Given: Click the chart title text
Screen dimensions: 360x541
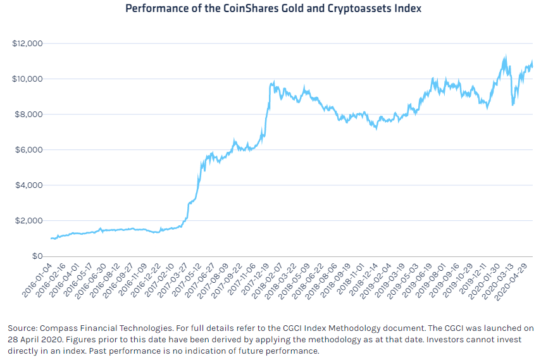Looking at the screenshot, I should click(x=273, y=9).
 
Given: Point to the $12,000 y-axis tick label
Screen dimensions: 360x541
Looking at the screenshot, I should click(x=27, y=44).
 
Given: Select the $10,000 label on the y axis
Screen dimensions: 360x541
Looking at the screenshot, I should click(x=27, y=79).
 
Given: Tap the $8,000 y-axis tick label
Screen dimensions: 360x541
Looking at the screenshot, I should click(x=28, y=115).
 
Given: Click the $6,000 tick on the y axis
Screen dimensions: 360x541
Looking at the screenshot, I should click(x=28, y=150).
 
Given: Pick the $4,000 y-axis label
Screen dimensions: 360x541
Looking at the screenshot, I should click(x=28, y=185).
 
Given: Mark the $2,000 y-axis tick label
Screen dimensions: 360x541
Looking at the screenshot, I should click(x=28, y=221).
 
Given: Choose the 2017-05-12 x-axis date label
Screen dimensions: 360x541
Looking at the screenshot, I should click(x=189, y=279).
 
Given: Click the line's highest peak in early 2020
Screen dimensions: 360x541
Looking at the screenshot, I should click(x=504, y=56).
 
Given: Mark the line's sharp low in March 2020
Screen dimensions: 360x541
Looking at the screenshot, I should click(x=513, y=104).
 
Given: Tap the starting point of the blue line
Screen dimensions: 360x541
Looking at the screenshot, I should click(x=51, y=239).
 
